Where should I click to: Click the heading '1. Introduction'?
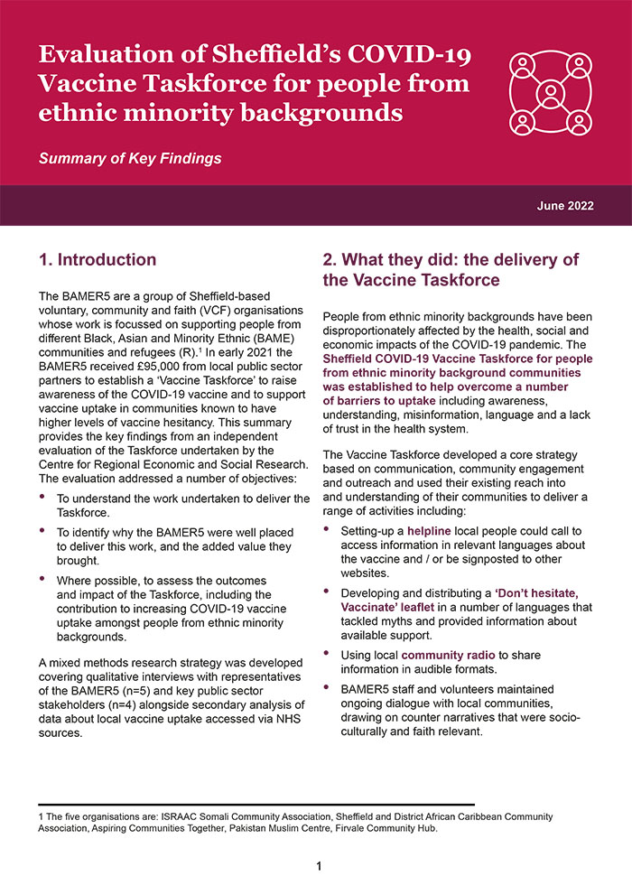[x=98, y=260]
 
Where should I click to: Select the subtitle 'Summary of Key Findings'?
[x=129, y=159]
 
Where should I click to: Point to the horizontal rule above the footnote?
[x=256, y=804]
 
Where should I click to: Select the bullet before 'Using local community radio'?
[x=328, y=655]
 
